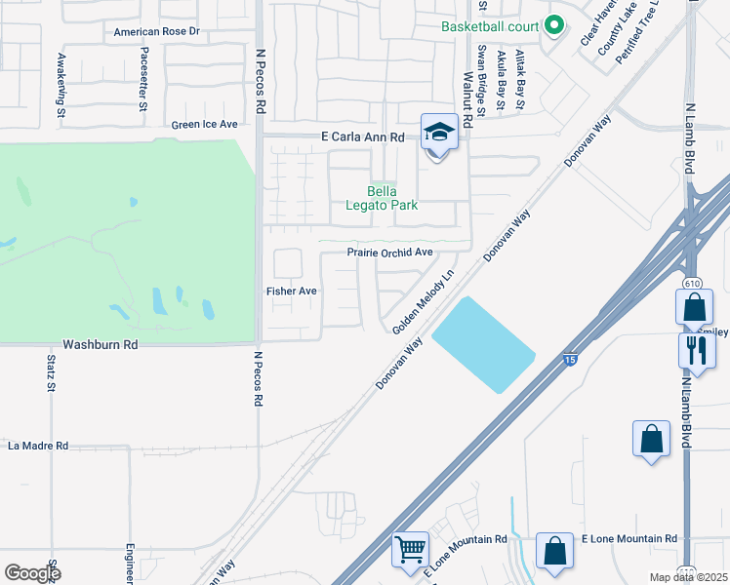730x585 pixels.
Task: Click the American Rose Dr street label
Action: [x=156, y=32]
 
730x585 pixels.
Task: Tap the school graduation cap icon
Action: [x=439, y=132]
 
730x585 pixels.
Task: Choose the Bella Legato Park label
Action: [x=381, y=198]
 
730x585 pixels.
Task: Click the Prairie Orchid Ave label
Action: [x=390, y=253]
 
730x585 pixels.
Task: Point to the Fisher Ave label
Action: [x=292, y=291]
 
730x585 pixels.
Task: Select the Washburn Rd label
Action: [x=101, y=345]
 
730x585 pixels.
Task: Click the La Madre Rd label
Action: [x=38, y=446]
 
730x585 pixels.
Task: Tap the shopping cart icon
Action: [x=411, y=549]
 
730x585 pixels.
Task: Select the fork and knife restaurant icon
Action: [x=698, y=349]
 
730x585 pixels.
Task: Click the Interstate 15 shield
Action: [x=570, y=360]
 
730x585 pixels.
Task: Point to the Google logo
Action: [x=32, y=573]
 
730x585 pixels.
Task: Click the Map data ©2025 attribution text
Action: [x=688, y=577]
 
